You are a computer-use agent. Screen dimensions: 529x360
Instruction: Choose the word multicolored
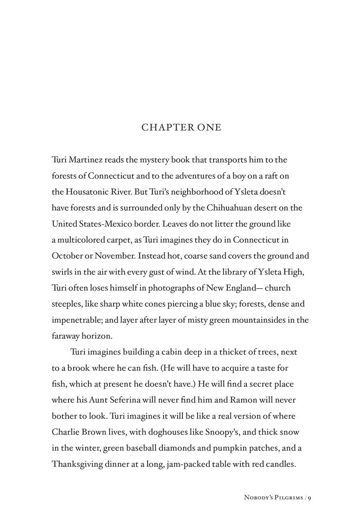point(81,240)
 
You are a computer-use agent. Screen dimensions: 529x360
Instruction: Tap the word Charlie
point(66,432)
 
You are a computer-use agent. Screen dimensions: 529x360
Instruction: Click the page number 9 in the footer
point(309,498)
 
